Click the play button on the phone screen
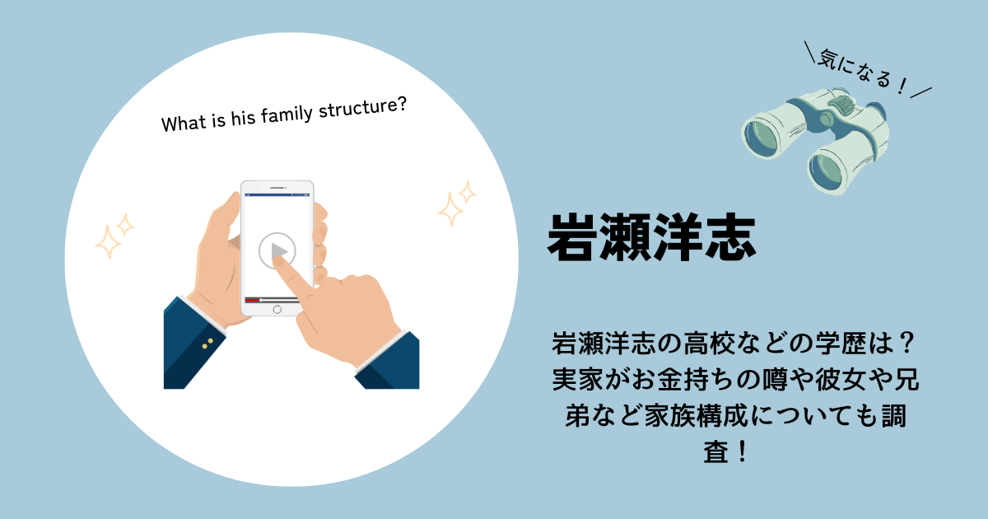click(x=277, y=250)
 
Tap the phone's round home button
click(x=277, y=310)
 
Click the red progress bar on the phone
click(x=252, y=300)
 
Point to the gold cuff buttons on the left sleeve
click(x=207, y=344)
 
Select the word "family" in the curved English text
click(x=287, y=115)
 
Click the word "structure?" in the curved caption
click(x=362, y=108)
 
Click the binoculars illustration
click(x=815, y=140)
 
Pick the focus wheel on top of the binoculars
click(x=841, y=105)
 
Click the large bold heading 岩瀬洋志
click(x=651, y=238)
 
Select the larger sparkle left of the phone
click(x=108, y=241)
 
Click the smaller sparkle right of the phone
click(x=467, y=193)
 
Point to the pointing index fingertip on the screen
click(x=278, y=261)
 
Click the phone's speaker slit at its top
click(x=277, y=188)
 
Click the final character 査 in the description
click(x=716, y=452)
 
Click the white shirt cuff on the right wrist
click(x=380, y=350)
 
